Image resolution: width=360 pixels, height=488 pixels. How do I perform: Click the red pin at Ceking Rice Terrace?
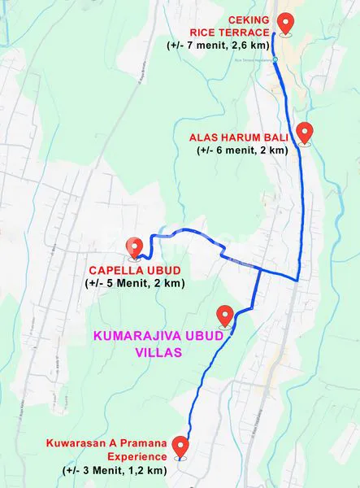point(285,22)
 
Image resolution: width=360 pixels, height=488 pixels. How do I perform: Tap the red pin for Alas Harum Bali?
point(306,131)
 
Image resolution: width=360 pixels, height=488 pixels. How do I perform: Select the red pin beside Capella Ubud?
point(135,246)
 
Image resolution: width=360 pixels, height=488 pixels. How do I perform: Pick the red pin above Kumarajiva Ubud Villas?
point(226,315)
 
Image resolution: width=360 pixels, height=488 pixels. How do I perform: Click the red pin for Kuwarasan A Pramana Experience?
point(181,447)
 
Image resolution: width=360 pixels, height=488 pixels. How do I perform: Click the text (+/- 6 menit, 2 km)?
point(242,150)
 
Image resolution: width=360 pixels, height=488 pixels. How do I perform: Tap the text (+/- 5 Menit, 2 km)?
point(134,283)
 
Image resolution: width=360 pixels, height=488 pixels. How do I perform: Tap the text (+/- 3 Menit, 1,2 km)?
point(115,470)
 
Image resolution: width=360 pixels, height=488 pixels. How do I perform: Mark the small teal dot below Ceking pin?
point(275,59)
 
